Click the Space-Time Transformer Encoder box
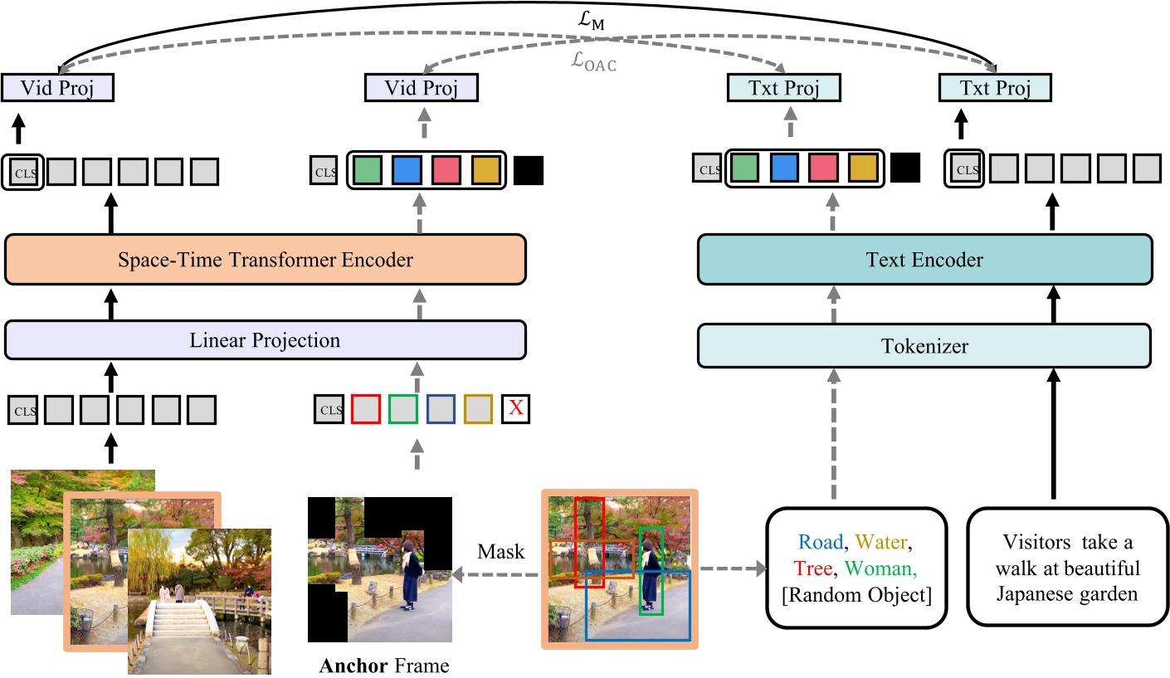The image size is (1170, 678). point(266,260)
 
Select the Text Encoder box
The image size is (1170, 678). point(924,260)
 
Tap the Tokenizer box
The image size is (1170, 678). point(924,345)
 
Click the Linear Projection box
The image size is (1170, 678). point(266,339)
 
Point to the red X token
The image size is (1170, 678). point(515,408)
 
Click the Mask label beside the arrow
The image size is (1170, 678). point(500,551)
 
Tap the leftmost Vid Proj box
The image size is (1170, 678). point(57,88)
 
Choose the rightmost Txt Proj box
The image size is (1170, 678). point(994,88)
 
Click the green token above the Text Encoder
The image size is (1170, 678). point(744,169)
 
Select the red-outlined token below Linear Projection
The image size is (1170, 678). point(365,408)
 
